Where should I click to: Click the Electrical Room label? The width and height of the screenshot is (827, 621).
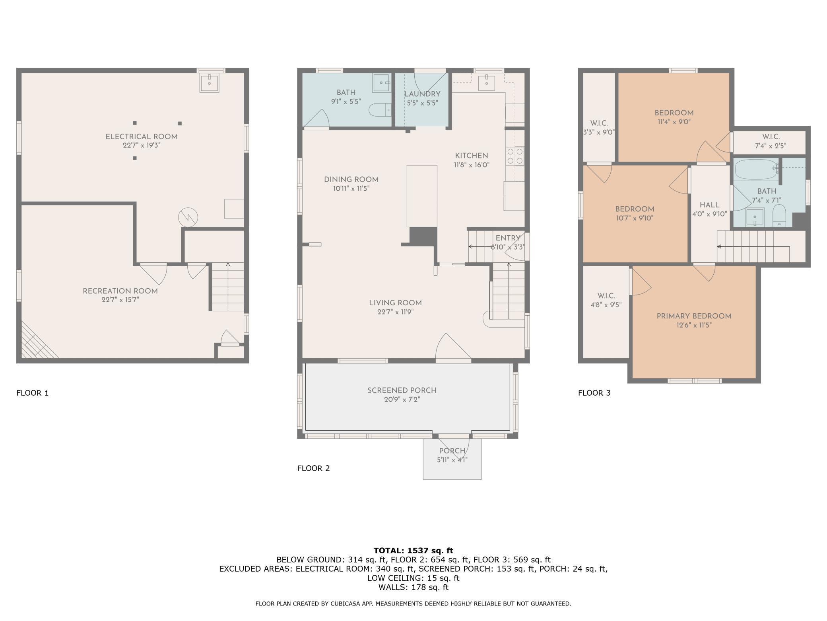click(141, 137)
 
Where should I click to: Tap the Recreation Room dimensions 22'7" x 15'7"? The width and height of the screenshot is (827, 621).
click(120, 300)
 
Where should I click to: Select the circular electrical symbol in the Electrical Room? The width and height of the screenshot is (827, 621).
click(188, 217)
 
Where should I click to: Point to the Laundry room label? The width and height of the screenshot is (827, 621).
click(422, 94)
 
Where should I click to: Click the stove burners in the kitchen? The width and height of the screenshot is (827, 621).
click(515, 156)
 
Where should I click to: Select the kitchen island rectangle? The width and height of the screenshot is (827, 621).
click(421, 196)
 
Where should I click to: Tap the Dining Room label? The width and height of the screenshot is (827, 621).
click(351, 180)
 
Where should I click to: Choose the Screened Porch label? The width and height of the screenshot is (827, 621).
click(402, 390)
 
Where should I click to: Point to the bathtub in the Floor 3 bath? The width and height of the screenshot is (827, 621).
click(755, 170)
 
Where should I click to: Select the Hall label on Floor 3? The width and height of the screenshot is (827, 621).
click(709, 205)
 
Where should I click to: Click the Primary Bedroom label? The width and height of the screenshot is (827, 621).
click(694, 316)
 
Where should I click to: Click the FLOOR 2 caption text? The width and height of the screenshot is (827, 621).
click(313, 468)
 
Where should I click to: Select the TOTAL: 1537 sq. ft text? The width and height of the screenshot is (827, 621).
click(413, 551)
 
